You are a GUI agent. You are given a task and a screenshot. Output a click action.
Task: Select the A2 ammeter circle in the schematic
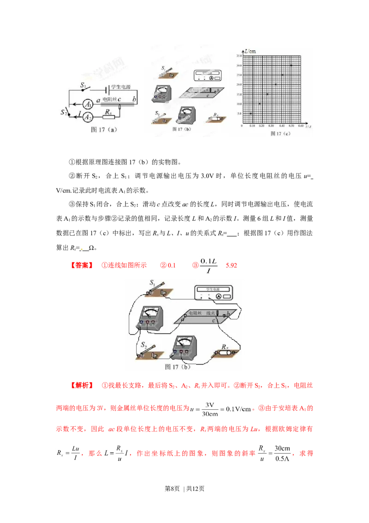point(88,118)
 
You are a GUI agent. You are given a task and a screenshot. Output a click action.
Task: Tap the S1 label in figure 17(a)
point(83,85)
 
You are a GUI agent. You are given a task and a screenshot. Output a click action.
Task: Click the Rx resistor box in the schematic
point(109,118)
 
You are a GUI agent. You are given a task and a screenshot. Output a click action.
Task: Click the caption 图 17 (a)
point(104,130)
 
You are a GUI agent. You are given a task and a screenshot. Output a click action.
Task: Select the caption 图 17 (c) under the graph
point(280,134)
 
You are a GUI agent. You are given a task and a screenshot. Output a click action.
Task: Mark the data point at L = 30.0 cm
point(291,65)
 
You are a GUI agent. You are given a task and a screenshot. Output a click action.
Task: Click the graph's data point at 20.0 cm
point(276,85)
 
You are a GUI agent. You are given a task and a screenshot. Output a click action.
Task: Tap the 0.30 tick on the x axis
point(271,126)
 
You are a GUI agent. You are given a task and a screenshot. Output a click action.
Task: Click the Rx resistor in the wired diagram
point(226,353)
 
